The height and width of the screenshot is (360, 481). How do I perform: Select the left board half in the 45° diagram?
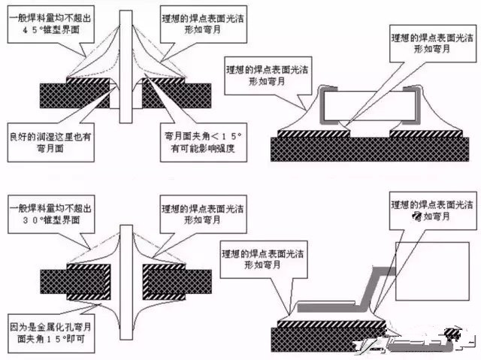75,95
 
